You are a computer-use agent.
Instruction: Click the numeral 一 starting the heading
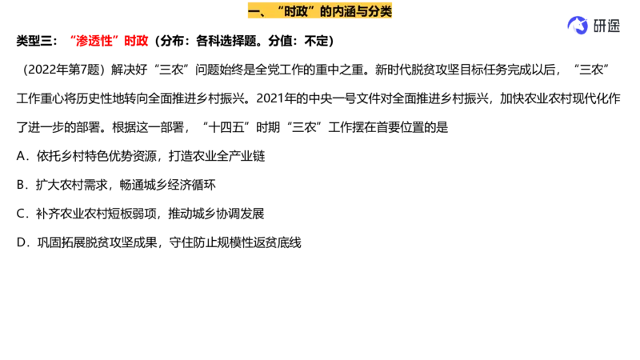point(254,11)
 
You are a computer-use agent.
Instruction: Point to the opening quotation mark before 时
point(278,8)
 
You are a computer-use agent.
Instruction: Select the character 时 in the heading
point(290,11)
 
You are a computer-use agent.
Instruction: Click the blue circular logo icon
point(576,26)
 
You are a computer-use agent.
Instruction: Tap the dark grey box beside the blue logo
point(606,25)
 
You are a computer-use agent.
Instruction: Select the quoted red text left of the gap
point(95,41)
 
